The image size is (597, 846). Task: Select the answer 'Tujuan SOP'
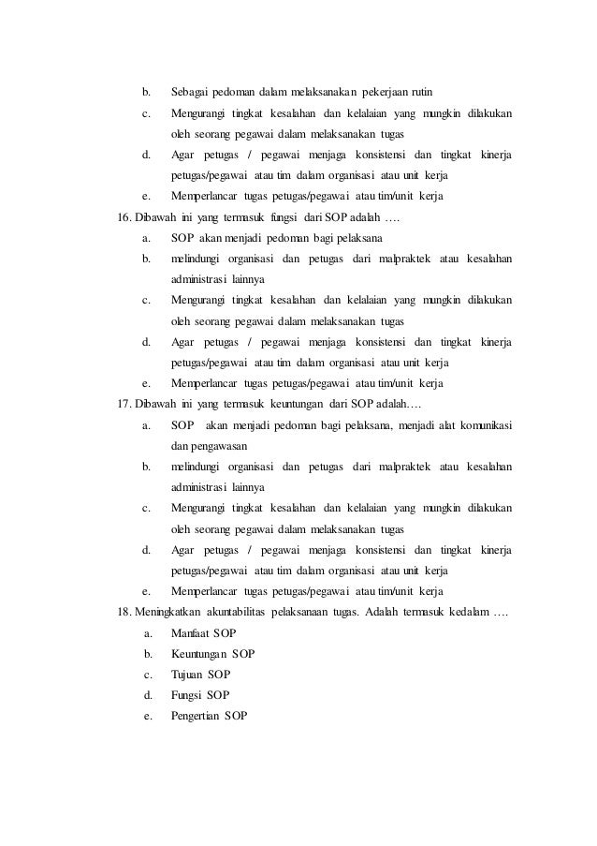point(200,675)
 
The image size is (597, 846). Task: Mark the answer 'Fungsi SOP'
point(200,695)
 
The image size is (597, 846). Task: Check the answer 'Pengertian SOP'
point(210,716)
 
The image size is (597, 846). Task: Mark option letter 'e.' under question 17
point(147,591)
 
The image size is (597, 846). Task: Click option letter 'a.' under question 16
point(147,238)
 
